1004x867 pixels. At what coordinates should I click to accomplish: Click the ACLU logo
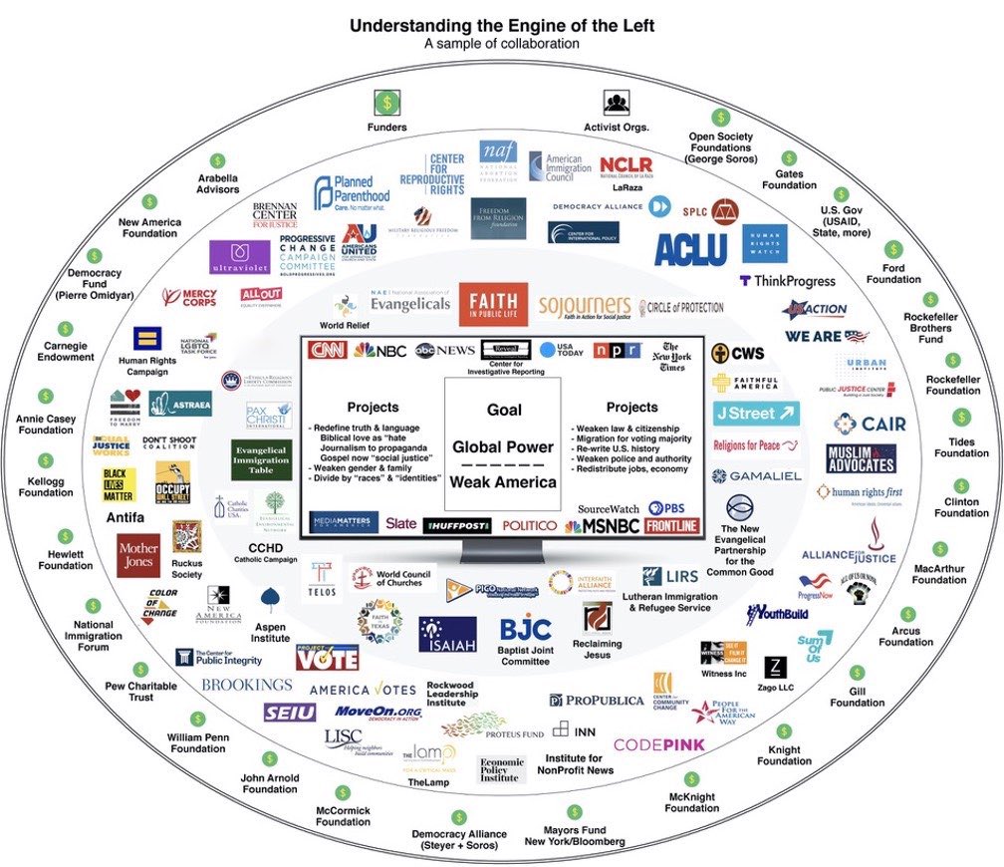pyautogui.click(x=690, y=247)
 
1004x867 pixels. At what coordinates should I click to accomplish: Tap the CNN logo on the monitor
pyautogui.click(x=328, y=350)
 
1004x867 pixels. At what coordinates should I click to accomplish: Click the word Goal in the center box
pyautogui.click(x=504, y=410)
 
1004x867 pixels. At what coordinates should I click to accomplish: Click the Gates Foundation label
pyautogui.click(x=789, y=179)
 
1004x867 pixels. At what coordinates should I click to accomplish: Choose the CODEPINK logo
pyautogui.click(x=658, y=744)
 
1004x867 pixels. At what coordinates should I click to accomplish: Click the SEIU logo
pyautogui.click(x=290, y=713)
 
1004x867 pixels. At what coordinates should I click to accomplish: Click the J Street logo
pyautogui.click(x=757, y=413)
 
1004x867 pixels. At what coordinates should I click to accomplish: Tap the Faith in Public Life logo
pyautogui.click(x=493, y=304)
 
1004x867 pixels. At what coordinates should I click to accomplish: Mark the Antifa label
pyautogui.click(x=125, y=517)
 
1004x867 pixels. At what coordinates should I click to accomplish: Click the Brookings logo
pyautogui.click(x=246, y=685)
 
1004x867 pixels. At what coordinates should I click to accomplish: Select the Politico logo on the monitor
pyautogui.click(x=529, y=525)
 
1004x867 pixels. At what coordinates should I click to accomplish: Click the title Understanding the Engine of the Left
pyautogui.click(x=501, y=25)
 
